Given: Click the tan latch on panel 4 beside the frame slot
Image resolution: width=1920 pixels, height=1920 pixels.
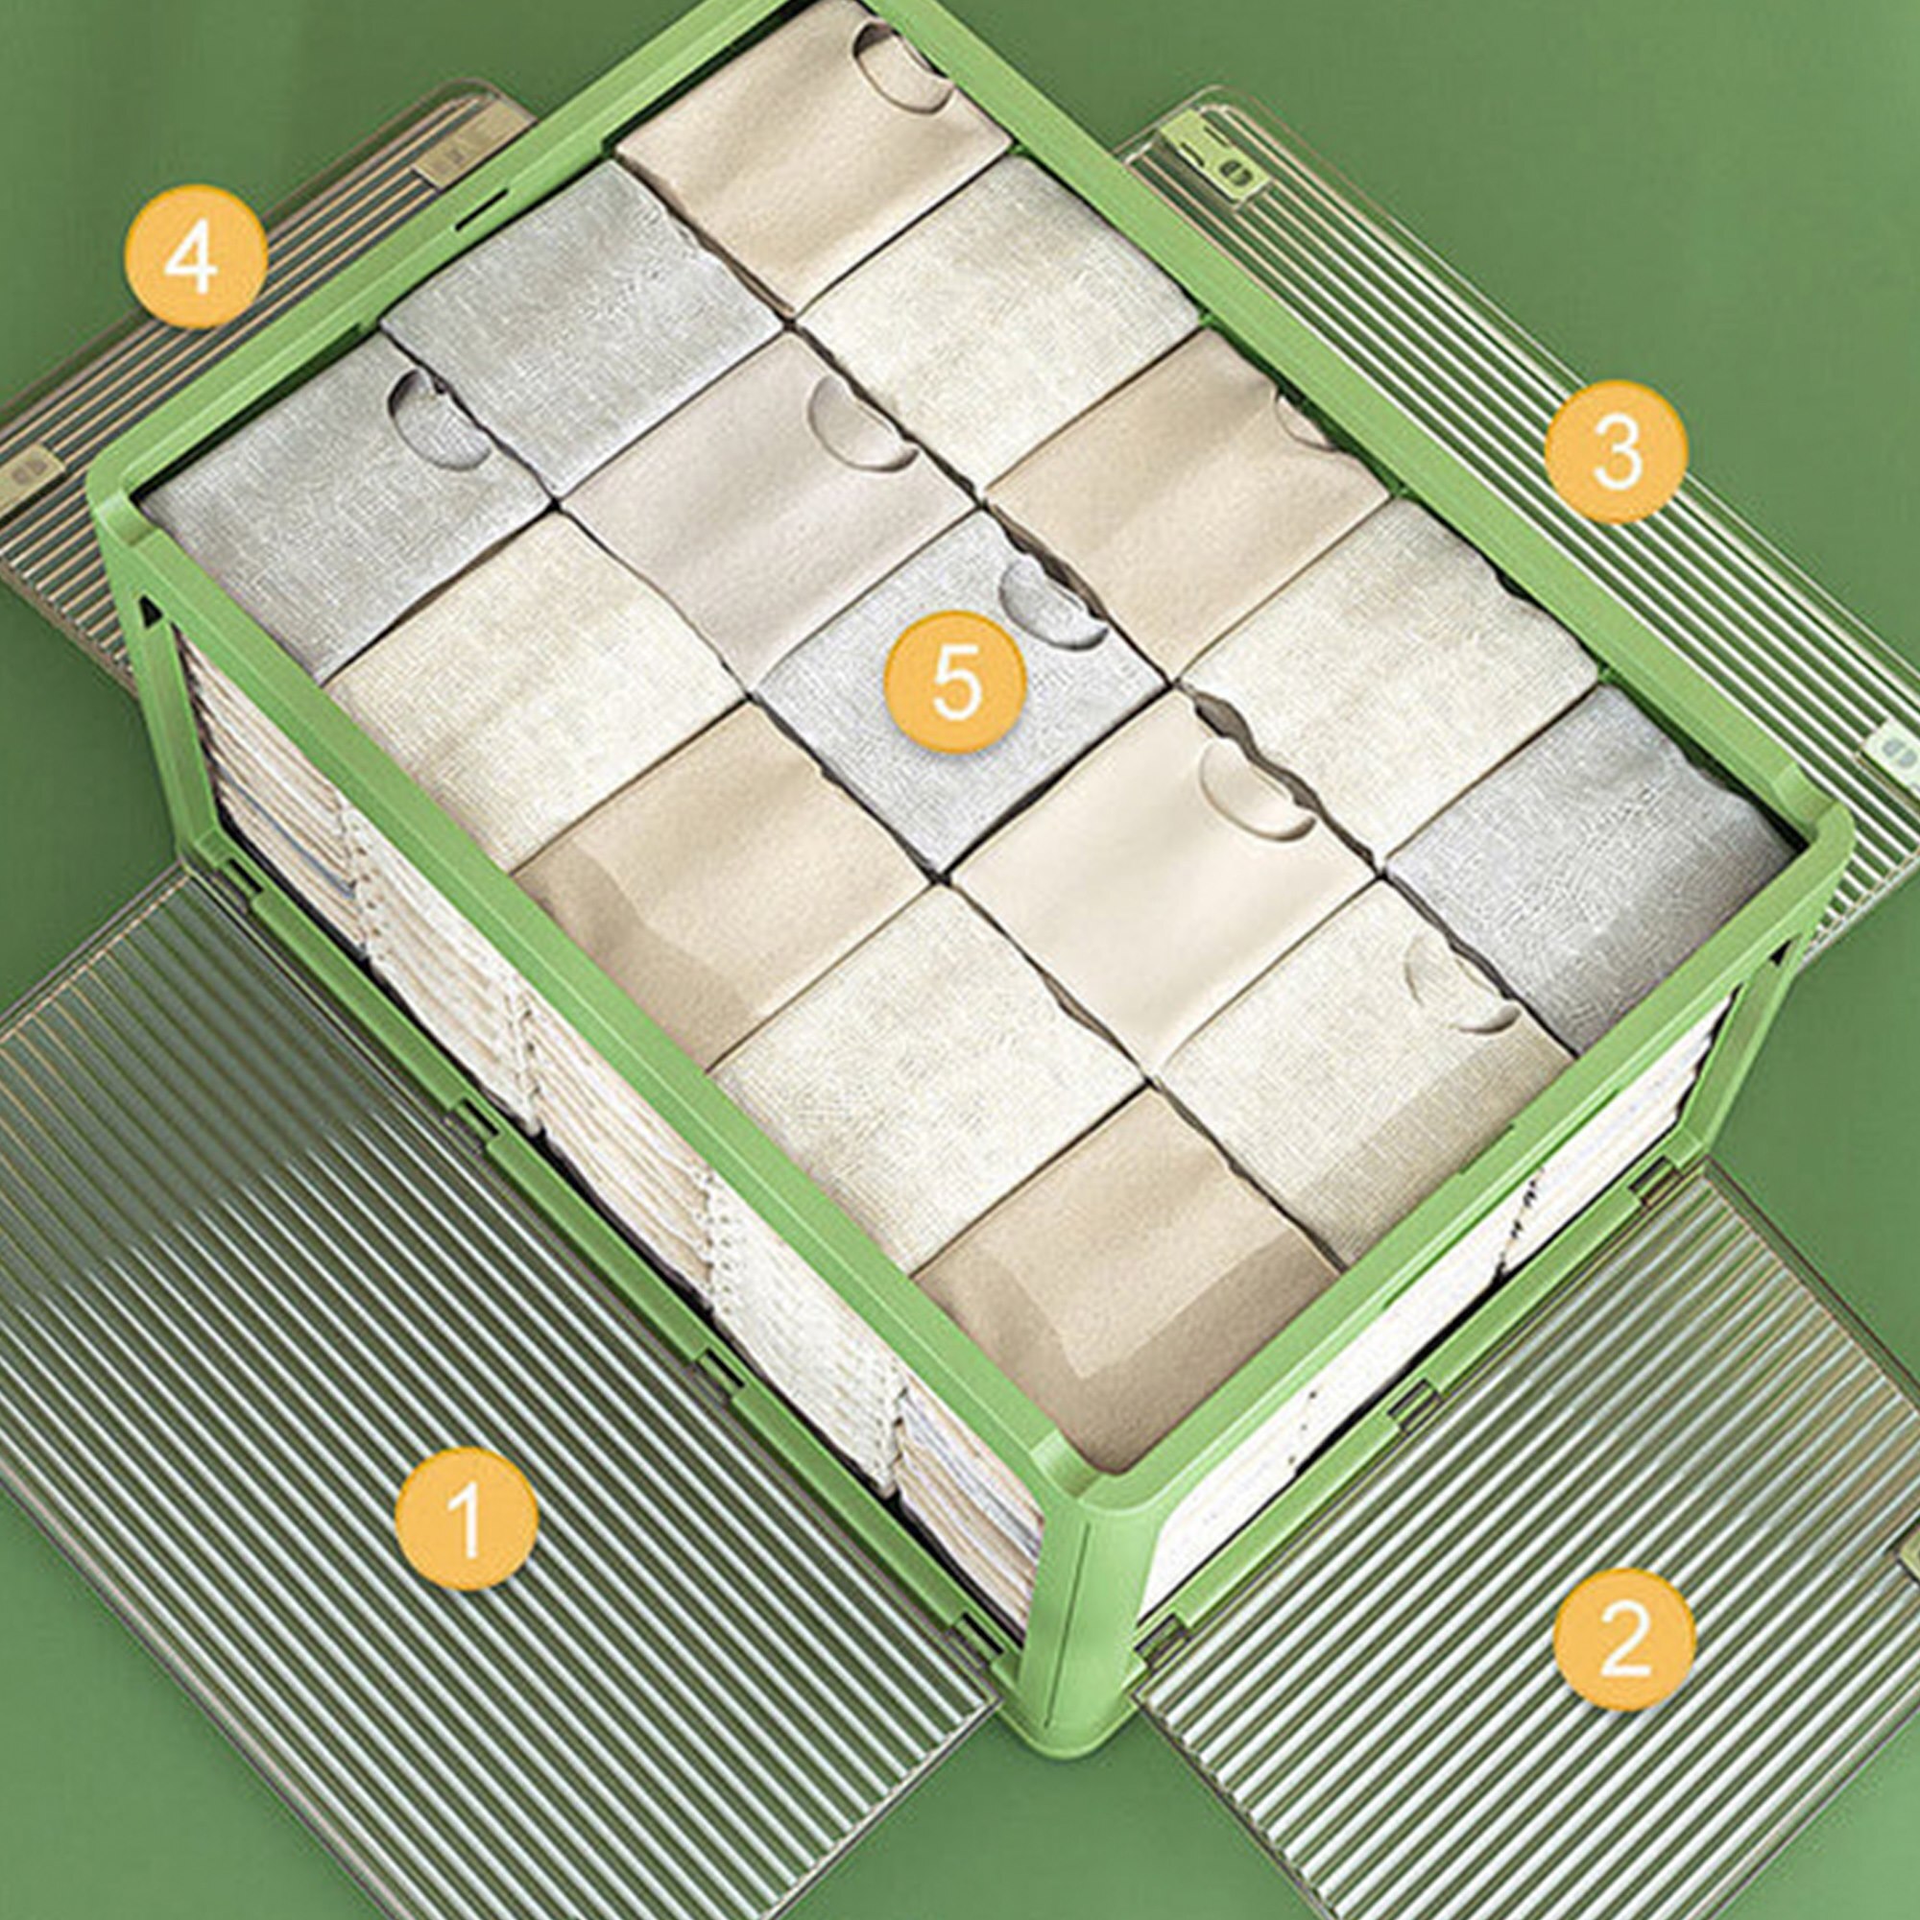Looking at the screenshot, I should click(444, 159).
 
